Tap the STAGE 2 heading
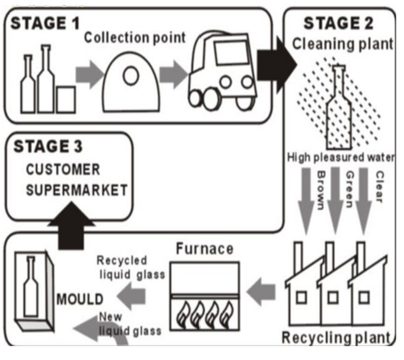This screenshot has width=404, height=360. pos(338,24)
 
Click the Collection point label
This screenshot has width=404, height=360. pos(134,38)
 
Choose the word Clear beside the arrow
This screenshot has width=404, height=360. pos(379,187)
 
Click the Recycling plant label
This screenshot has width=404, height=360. pos(336,338)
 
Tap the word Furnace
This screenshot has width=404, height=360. pos(204,249)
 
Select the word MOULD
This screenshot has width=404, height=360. pos(80,298)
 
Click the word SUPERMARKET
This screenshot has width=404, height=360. pos(76,190)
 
